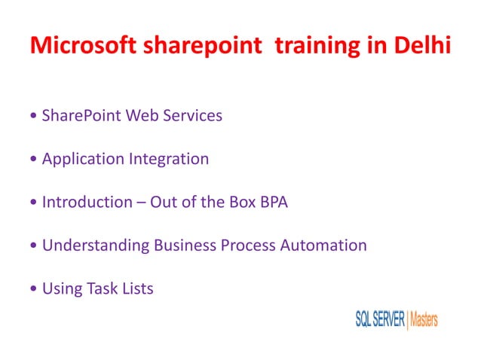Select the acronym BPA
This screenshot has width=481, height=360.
click(x=271, y=202)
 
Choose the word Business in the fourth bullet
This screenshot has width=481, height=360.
click(x=185, y=245)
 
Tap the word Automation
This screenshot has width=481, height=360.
click(x=325, y=245)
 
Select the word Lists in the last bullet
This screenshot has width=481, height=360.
click(x=136, y=288)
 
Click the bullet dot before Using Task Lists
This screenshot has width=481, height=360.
click(x=34, y=289)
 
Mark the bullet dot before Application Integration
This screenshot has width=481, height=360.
click(x=34, y=160)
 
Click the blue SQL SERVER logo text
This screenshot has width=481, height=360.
click(x=380, y=319)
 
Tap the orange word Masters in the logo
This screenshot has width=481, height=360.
click(x=424, y=319)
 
